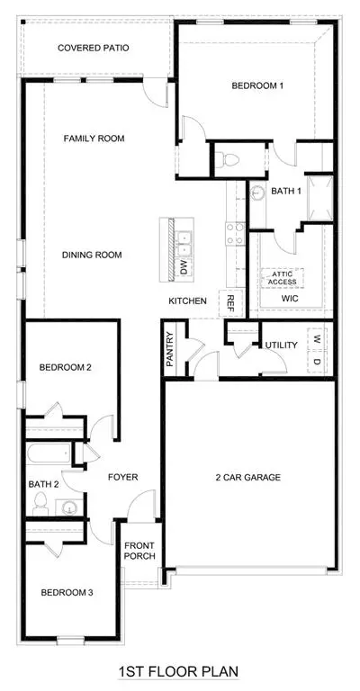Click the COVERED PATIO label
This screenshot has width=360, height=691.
(x=94, y=48)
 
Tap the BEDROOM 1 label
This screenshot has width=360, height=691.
(x=257, y=86)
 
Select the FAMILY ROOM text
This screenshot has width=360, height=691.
(x=94, y=139)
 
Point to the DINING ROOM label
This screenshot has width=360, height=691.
(x=92, y=255)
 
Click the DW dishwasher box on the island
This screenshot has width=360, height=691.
(x=184, y=268)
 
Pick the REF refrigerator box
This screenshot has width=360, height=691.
(x=230, y=303)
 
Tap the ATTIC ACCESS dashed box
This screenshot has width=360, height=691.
(x=283, y=278)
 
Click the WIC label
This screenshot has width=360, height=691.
(x=290, y=299)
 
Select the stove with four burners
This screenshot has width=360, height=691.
(x=235, y=234)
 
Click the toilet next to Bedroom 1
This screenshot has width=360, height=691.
(x=229, y=159)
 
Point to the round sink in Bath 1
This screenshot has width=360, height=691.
(x=256, y=193)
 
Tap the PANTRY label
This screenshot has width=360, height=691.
(x=170, y=349)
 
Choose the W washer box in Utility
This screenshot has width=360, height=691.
(x=318, y=338)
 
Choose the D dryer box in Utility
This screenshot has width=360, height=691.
(x=318, y=362)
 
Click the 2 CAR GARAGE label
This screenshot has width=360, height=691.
(x=248, y=477)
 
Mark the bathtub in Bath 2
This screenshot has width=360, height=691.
(x=49, y=453)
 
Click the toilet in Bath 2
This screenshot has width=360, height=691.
(x=40, y=504)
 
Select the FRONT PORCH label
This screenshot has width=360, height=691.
(x=139, y=550)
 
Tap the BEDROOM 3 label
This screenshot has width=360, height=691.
(x=67, y=593)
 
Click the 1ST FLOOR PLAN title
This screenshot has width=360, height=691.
(x=178, y=672)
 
